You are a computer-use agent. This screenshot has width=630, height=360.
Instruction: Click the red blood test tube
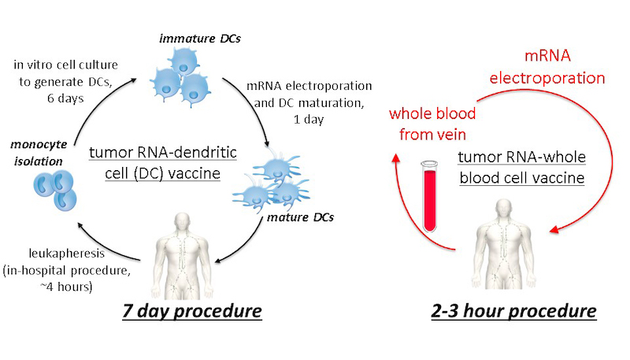[x=429, y=196]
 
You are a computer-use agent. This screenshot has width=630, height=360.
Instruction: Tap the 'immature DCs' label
[x=200, y=39]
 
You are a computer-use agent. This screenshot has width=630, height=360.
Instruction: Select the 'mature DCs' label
[x=300, y=217]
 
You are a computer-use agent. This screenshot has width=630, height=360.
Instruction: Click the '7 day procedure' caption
[x=192, y=311]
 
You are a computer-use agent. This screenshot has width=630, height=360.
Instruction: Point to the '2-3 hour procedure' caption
[x=514, y=311]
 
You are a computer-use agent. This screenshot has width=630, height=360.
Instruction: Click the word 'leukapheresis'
[x=67, y=254]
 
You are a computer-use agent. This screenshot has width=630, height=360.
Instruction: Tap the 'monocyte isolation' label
[x=39, y=153]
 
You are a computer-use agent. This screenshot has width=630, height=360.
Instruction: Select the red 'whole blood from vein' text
[x=432, y=124]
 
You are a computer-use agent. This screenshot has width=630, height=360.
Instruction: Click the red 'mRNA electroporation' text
[x=547, y=67]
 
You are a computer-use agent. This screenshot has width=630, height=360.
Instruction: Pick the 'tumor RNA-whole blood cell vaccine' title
[x=521, y=167]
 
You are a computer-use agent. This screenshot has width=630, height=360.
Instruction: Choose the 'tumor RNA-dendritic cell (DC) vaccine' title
[x=163, y=163]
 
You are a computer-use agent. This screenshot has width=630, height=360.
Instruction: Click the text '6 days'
[x=65, y=98]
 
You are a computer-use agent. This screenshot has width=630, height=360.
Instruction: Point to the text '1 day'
[x=309, y=120]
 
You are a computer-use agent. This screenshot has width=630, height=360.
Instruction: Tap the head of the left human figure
[x=183, y=222]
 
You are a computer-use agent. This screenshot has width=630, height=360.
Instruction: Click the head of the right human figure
[x=504, y=209]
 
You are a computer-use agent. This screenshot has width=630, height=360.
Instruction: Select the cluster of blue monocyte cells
[x=55, y=190]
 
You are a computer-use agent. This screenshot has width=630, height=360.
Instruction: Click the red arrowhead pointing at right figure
[x=554, y=229]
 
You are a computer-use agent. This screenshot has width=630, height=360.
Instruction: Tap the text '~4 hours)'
[x=67, y=287]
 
